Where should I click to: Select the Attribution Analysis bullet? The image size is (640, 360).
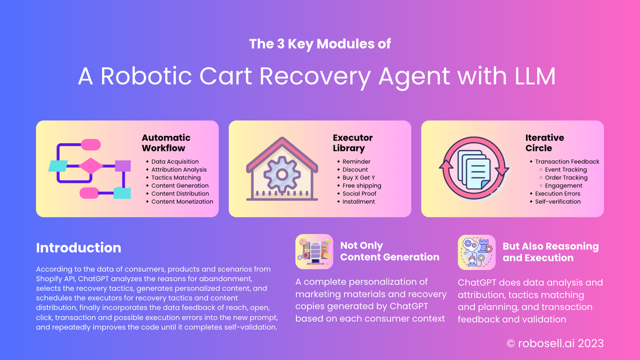coord(179,169)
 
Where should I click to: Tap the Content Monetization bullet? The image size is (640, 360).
coord(182,201)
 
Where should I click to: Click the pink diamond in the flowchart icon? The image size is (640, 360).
coord(90,165)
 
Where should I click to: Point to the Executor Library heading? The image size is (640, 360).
coord(352,143)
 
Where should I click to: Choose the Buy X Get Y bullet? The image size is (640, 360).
coord(359,177)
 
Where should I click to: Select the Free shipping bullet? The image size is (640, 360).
coord(361,185)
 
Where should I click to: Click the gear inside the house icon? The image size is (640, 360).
coord(282,173)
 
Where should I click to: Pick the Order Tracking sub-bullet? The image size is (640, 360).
coord(566,177)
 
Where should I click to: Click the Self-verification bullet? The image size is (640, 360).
coord(557,201)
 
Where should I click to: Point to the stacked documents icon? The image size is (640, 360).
coord(472,168)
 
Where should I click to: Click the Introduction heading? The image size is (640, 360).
coord(78,248)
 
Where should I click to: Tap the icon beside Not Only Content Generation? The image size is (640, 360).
coord(314,252)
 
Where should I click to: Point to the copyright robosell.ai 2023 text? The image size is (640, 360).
coord(555,343)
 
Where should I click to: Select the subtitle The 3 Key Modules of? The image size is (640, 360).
coord(320,44)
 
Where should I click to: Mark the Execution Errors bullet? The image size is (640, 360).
coord(557,193)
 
